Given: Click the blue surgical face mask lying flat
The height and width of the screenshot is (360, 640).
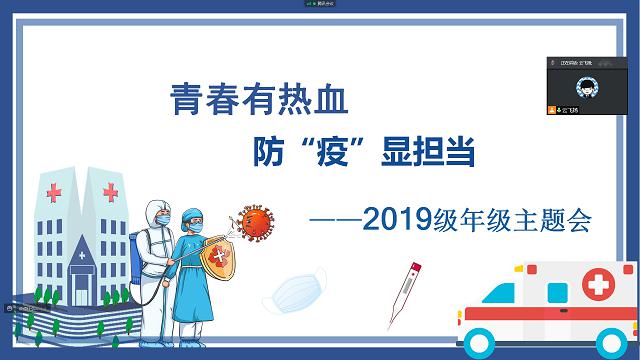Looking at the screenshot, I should point(295,290).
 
